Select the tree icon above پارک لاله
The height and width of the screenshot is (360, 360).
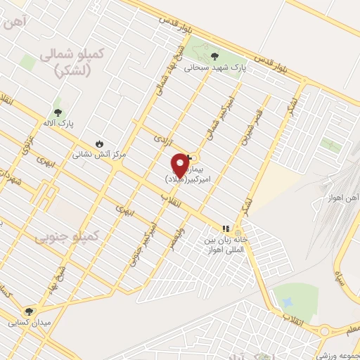click(57, 111)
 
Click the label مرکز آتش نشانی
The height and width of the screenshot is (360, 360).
click(98, 153)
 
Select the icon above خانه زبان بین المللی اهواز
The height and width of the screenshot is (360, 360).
click(226, 229)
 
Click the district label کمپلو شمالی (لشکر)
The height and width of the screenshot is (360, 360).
click(73, 63)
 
